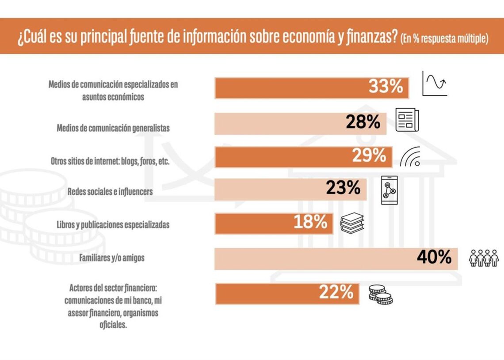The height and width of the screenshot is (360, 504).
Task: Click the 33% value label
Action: point(386,87)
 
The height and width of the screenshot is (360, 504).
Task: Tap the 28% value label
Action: point(363,122)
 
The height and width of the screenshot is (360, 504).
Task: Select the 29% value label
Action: point(369,156)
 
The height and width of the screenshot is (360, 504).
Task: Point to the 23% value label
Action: point(343,188)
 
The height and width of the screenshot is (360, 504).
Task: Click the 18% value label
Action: point(310,222)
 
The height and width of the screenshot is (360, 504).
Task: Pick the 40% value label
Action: point(434,257)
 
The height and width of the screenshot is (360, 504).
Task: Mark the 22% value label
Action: point(336,292)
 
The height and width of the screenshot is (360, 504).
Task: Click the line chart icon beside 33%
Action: point(434,83)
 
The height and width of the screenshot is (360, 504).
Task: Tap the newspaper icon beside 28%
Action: point(407,120)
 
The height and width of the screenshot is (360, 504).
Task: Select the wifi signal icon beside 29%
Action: point(411,157)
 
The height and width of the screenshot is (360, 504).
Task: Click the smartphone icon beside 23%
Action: point(389,190)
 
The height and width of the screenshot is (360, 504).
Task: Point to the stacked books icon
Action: point(352,223)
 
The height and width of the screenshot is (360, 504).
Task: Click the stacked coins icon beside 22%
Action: point(380,294)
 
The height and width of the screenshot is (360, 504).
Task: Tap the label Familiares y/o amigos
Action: point(111,257)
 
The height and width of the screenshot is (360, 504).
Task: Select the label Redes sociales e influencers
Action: point(110,192)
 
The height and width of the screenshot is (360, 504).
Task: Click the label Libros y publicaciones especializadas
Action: point(113,224)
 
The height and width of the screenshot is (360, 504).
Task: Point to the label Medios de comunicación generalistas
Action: point(113,128)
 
